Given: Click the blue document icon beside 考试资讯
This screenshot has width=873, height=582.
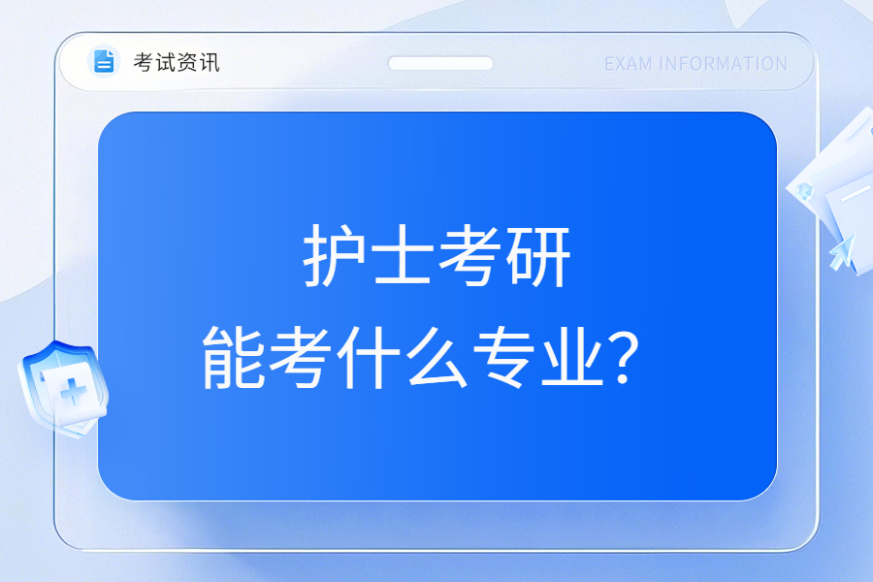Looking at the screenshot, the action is click(104, 61).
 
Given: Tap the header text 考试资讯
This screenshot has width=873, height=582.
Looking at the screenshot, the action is click(177, 62).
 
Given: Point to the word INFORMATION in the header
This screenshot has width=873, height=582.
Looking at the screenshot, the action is click(723, 64).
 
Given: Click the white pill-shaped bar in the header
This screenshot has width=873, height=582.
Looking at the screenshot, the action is click(440, 63).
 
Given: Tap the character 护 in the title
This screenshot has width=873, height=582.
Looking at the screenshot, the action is click(334, 256).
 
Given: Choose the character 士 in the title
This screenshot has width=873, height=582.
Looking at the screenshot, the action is click(403, 256).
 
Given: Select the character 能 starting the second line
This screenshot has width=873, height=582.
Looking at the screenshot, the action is click(233, 356).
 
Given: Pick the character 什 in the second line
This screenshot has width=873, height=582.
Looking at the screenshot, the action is click(369, 356).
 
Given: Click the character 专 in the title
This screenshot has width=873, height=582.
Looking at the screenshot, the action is click(505, 356).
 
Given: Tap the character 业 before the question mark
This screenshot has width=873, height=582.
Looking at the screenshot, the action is click(573, 356).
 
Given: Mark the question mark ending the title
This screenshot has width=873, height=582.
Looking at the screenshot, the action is click(624, 357).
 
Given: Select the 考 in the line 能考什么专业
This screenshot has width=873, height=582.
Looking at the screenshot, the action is click(301, 356).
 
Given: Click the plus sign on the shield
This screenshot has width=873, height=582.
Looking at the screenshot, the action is click(74, 392).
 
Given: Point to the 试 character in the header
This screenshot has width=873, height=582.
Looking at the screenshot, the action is click(165, 62).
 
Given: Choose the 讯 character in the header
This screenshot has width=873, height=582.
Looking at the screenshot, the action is click(210, 62).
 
